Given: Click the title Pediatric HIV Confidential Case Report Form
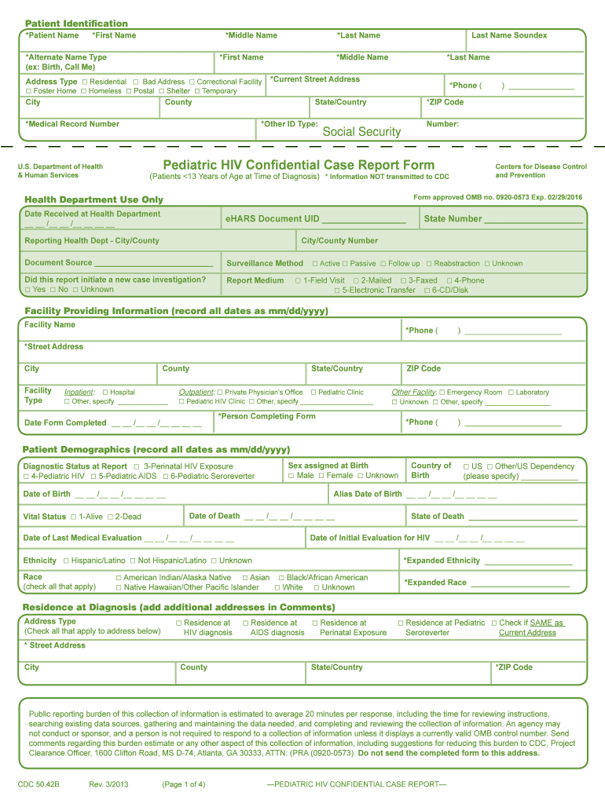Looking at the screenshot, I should [299, 165].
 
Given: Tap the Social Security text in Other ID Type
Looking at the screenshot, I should [361, 132].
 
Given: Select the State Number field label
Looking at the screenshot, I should [453, 219].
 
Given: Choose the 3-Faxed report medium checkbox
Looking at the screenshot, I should [404, 280].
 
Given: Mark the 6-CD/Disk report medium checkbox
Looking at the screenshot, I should [427, 291].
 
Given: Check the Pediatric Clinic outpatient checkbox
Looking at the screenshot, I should [313, 393].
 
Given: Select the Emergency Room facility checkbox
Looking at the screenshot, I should [442, 393].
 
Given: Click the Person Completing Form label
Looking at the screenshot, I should [267, 416].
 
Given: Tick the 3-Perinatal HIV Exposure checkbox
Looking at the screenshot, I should [137, 466].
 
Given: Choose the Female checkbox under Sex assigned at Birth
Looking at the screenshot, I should [321, 476].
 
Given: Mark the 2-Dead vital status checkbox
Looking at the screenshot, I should [111, 517].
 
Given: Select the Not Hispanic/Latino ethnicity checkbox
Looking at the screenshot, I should [133, 561].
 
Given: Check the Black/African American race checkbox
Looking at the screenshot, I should [281, 578].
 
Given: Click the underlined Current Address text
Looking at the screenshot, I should [527, 633].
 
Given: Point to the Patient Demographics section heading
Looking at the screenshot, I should [156, 449].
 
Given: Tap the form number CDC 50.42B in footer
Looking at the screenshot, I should [38, 784].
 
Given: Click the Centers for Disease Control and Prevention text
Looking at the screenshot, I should [541, 170].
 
